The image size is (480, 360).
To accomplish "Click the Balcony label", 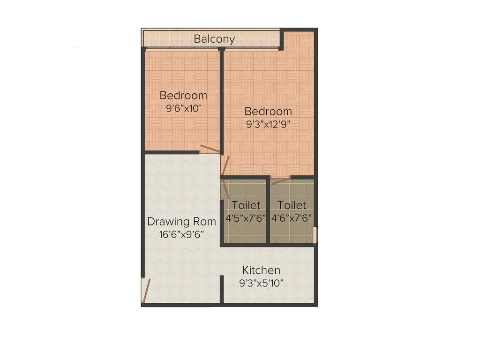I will [214, 39].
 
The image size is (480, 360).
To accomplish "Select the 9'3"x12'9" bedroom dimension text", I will [269, 125].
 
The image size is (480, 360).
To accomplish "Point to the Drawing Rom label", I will [181, 221].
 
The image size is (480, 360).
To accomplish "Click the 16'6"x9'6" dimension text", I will [181, 234].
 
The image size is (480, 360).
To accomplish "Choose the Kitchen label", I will [261, 270].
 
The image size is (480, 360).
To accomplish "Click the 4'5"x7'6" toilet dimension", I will [246, 218].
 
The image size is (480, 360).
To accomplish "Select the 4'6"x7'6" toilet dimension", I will [292, 218].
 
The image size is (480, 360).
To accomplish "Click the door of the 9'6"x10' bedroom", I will [209, 150].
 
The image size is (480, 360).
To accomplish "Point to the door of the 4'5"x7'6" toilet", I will [225, 189].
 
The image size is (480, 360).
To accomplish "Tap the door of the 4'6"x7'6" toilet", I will [280, 181].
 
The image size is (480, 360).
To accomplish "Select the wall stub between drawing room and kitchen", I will [222, 290].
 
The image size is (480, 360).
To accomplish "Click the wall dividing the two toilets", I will [268, 211].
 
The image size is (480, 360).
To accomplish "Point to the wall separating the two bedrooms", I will [222, 101].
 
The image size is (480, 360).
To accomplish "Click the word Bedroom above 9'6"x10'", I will [183, 96].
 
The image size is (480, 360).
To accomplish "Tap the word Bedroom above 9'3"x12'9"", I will [268, 112].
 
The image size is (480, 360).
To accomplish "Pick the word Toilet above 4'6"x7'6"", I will [292, 205].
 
